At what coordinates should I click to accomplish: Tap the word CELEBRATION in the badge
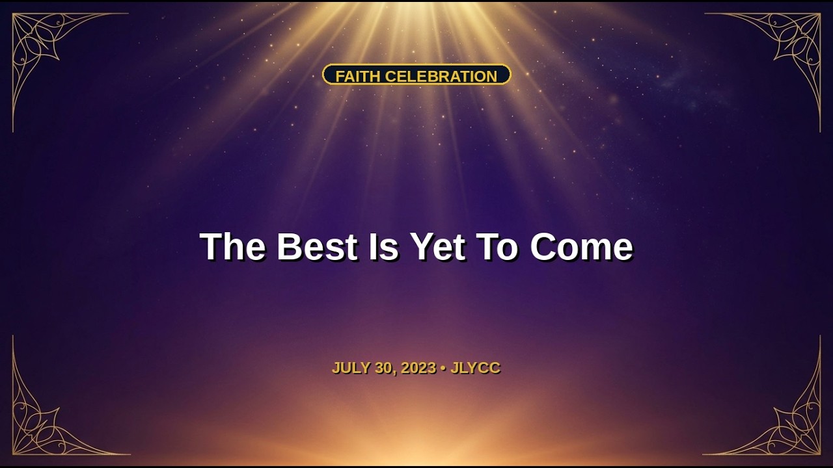tap(441, 77)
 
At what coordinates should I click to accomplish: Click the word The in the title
tap(233, 246)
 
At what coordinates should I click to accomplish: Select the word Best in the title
tap(317, 246)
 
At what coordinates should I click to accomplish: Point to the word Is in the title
tap(383, 246)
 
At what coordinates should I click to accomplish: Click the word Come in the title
tap(581, 246)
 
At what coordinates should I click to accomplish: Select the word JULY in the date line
tap(351, 368)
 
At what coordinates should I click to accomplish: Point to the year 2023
tap(418, 368)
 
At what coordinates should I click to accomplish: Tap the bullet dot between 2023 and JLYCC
tap(443, 369)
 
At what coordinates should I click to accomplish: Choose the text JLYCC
tap(475, 368)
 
